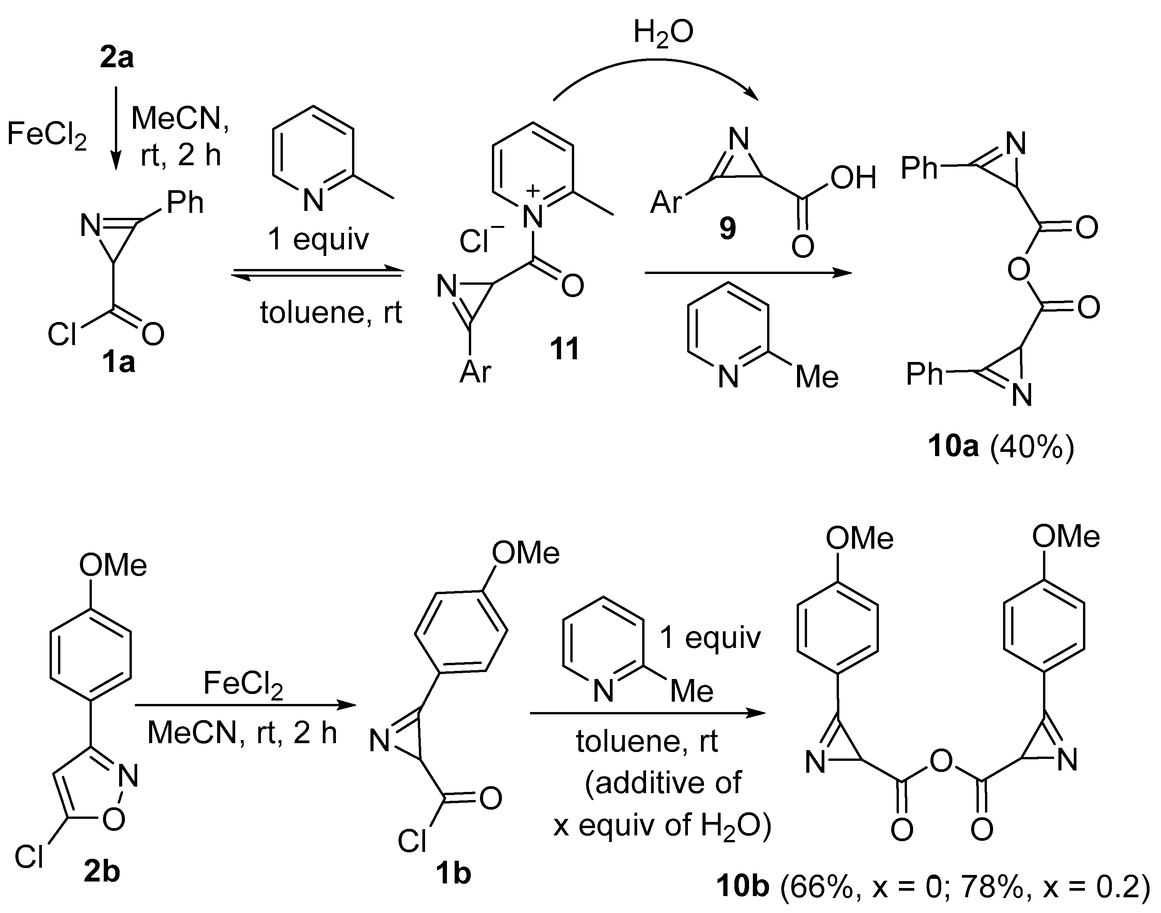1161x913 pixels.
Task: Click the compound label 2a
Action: click(116, 58)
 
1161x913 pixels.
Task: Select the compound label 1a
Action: click(119, 363)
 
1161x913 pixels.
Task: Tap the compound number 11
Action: click(565, 349)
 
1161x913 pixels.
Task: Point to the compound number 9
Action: click(727, 229)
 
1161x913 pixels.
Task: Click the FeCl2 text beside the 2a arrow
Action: click(47, 135)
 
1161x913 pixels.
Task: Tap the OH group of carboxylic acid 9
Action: click(853, 178)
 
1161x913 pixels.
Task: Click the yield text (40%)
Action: click(1031, 447)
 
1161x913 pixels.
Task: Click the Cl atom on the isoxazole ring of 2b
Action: click(29, 857)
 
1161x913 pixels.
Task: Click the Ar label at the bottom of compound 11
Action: click(475, 372)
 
